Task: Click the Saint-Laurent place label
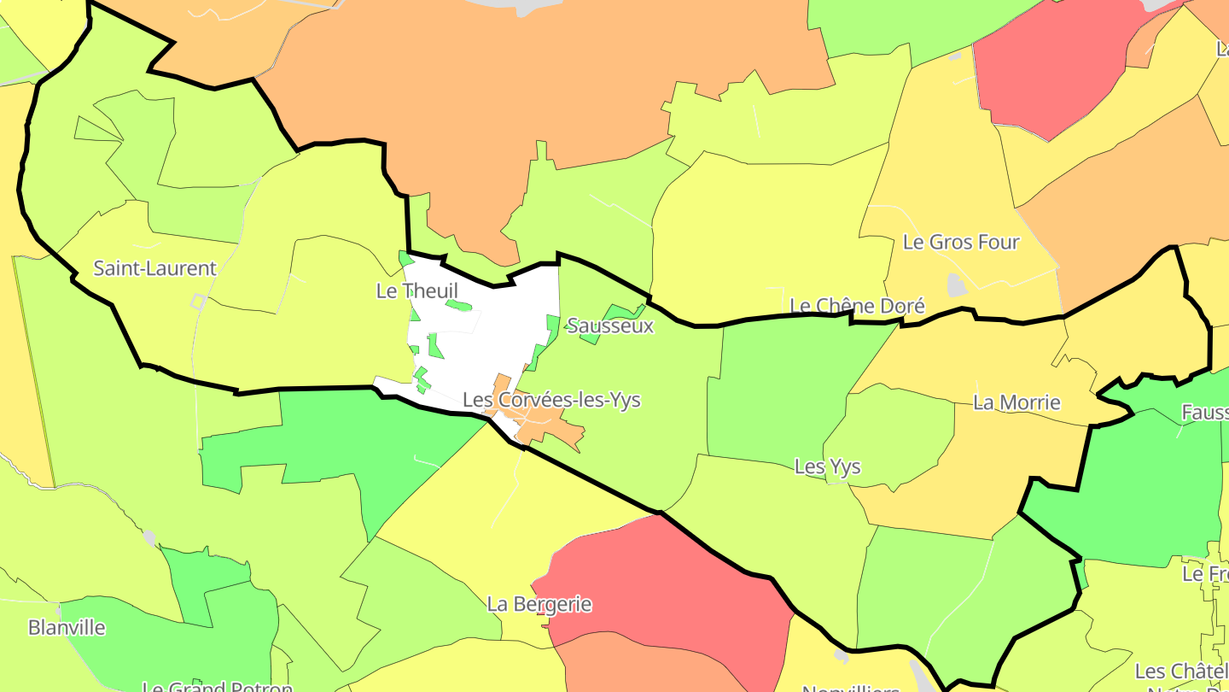[x=154, y=268]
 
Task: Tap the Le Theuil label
[x=416, y=290]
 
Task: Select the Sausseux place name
[x=610, y=325]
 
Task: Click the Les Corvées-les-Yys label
[x=551, y=400]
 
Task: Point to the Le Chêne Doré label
[x=857, y=306]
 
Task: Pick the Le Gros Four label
[x=961, y=243]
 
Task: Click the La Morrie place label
[x=1016, y=402]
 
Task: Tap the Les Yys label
[x=827, y=466]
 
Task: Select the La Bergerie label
[x=539, y=604]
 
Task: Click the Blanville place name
[x=67, y=627]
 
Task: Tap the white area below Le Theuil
[x=486, y=342]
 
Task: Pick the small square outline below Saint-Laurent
[x=198, y=301]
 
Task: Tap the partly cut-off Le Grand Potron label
[x=217, y=686]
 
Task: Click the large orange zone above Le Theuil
[x=529, y=85]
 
